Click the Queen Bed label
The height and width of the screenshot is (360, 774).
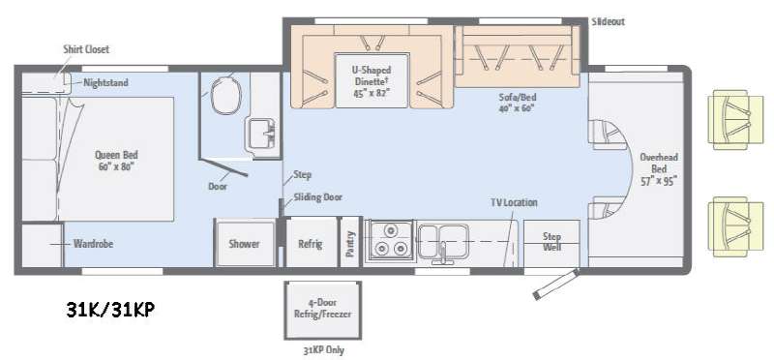coord(114,161)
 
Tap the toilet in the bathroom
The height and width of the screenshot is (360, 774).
coord(226,96)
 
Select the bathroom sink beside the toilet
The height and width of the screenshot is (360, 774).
coord(261,135)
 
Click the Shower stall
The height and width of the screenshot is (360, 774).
coord(246,244)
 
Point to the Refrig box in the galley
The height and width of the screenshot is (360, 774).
coord(311,243)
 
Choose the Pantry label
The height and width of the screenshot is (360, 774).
coord(350,244)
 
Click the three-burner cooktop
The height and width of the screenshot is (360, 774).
coord(388,240)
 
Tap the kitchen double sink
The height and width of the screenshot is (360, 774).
coord(443,242)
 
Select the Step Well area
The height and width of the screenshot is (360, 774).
coord(551,244)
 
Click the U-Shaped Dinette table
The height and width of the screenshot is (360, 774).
coord(372,80)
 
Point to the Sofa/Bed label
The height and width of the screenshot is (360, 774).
coord(517,103)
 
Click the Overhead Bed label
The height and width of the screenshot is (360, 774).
coord(659,168)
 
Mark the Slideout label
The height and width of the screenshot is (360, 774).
coord(608,21)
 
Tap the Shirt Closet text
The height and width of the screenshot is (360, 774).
coord(86,49)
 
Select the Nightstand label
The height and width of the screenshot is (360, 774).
coord(105,82)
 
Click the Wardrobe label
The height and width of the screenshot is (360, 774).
coord(93,244)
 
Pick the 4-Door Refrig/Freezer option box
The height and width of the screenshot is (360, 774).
coord(323,310)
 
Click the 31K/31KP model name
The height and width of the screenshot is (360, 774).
coord(110,310)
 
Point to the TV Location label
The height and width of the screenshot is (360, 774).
coord(514,202)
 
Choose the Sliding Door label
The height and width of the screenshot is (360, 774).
coord(318,197)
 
